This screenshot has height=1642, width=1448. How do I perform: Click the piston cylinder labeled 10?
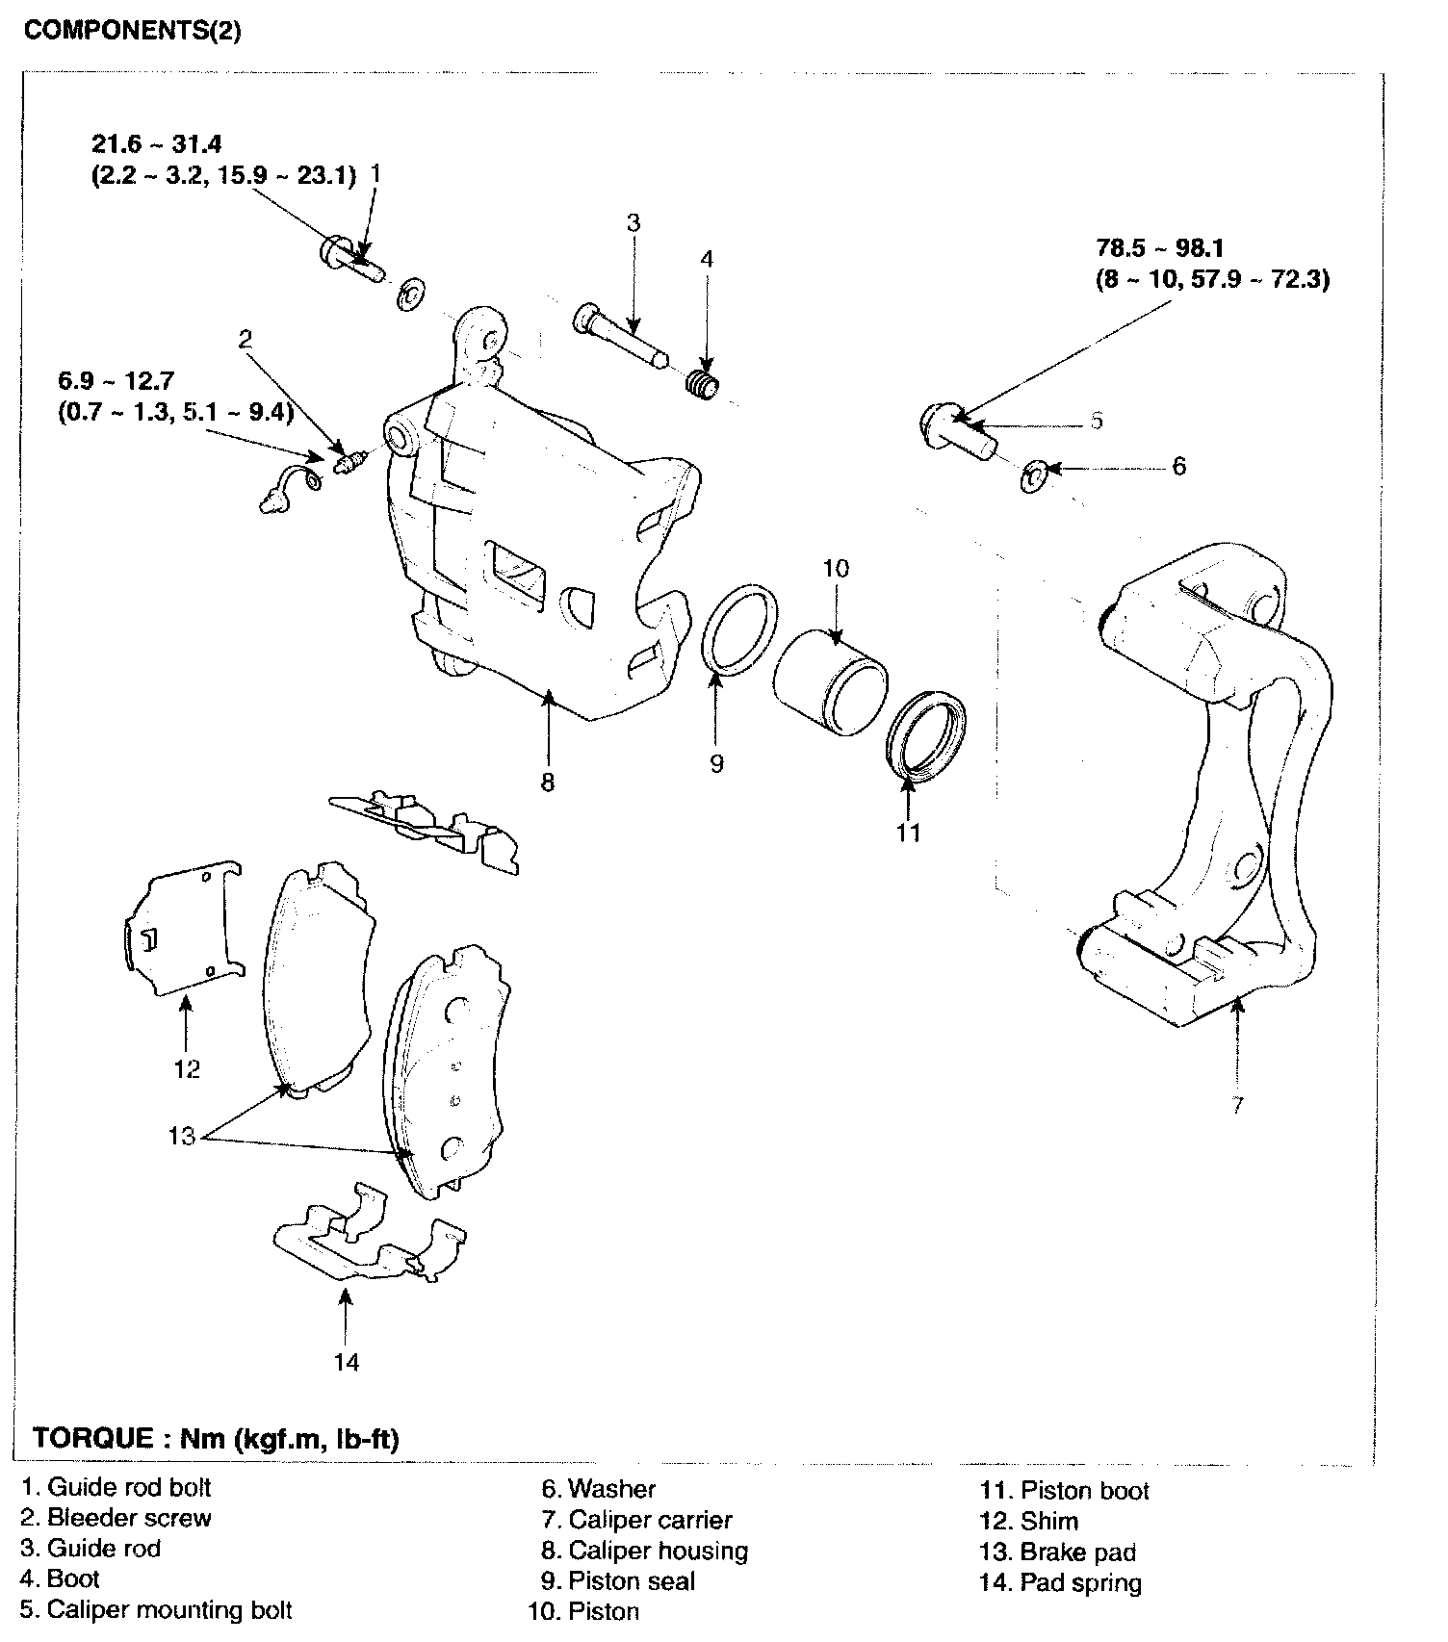[x=828, y=682]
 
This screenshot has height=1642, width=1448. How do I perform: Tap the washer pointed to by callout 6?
[x=1034, y=475]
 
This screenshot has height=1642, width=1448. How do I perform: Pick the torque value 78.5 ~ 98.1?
[x=1159, y=248]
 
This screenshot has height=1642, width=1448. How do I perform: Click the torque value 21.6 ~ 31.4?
[x=157, y=144]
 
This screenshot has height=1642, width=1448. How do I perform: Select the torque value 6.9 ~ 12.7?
[x=116, y=383]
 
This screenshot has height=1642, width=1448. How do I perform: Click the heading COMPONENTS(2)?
[x=132, y=31]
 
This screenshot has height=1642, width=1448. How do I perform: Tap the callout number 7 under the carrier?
[x=1237, y=1104]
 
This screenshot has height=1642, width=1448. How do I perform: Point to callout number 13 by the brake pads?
[x=181, y=1136]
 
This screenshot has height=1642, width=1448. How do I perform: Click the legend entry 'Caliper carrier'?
[x=650, y=1520]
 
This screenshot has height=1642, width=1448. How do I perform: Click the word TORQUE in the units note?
[x=92, y=1438]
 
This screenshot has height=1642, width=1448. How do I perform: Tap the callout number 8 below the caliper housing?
[x=547, y=783]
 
